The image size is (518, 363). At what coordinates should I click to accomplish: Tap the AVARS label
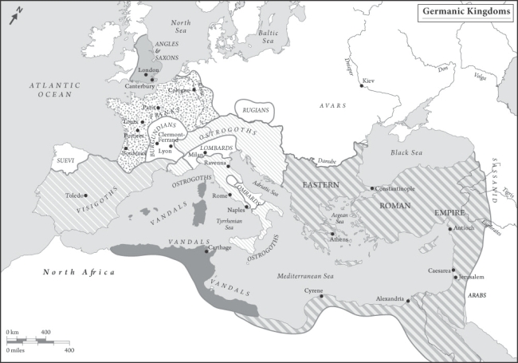click(331, 105)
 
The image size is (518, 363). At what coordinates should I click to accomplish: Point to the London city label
click(149, 70)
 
